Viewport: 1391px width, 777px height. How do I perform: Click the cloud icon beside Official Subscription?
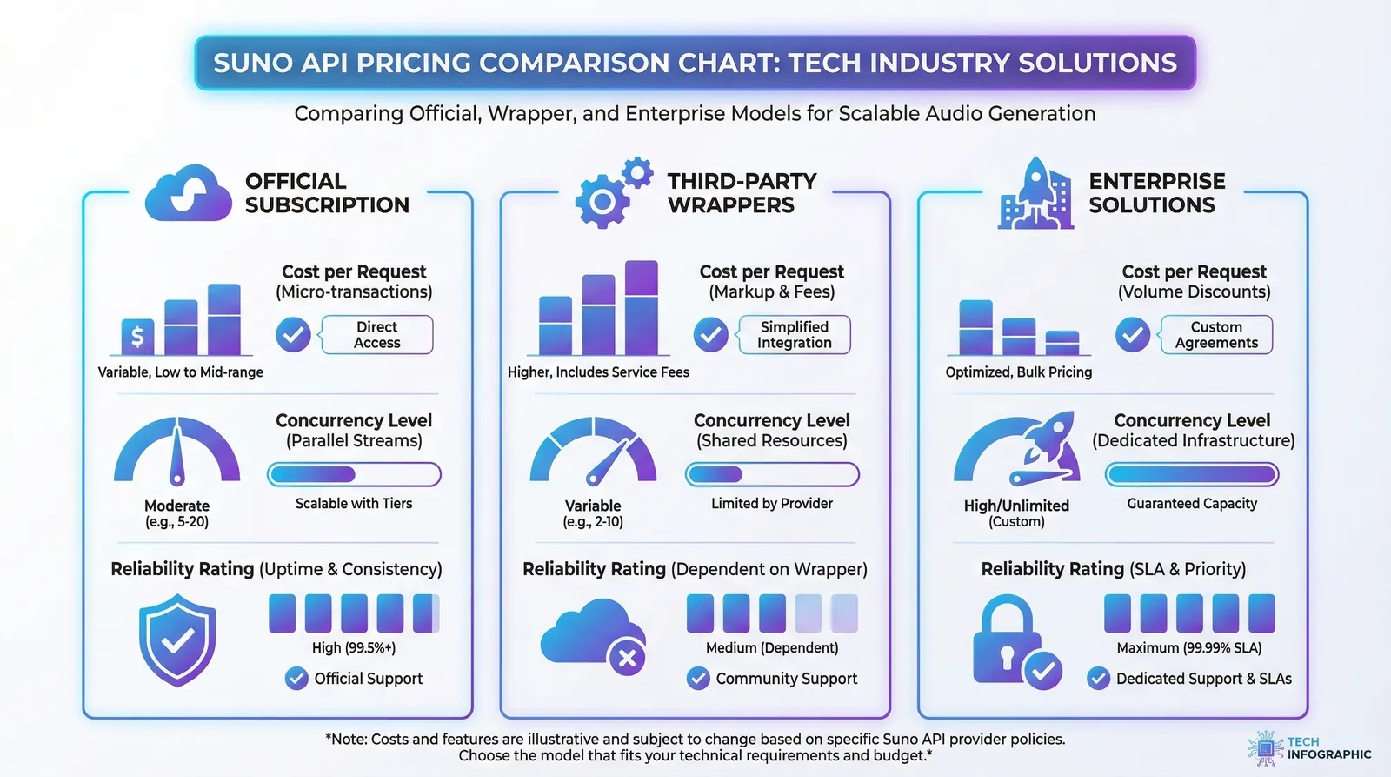[x=188, y=193]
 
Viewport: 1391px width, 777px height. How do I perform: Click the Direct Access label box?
[x=376, y=335]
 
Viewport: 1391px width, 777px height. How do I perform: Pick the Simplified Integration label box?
[x=794, y=335]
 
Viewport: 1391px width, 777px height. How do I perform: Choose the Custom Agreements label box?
[x=1215, y=335]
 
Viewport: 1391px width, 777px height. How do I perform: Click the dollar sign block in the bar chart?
[x=137, y=336]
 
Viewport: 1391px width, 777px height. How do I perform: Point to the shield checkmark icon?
[x=177, y=640]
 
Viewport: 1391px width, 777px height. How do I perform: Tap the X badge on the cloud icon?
[x=627, y=658]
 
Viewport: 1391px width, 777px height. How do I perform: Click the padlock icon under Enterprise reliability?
[x=1007, y=641]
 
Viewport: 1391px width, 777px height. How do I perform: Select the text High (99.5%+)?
[x=354, y=648]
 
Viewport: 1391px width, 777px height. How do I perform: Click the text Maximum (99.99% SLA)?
[x=1188, y=648]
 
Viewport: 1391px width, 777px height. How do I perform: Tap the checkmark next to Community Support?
[x=698, y=679]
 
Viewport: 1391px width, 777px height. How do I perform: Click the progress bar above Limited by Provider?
[x=772, y=474]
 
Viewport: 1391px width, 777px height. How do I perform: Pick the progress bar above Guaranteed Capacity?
[x=1192, y=474]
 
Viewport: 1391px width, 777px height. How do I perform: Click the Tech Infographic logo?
[x=1308, y=748]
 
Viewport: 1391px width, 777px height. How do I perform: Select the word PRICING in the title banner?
[x=413, y=64]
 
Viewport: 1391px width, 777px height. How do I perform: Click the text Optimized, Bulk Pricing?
[x=1018, y=372]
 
